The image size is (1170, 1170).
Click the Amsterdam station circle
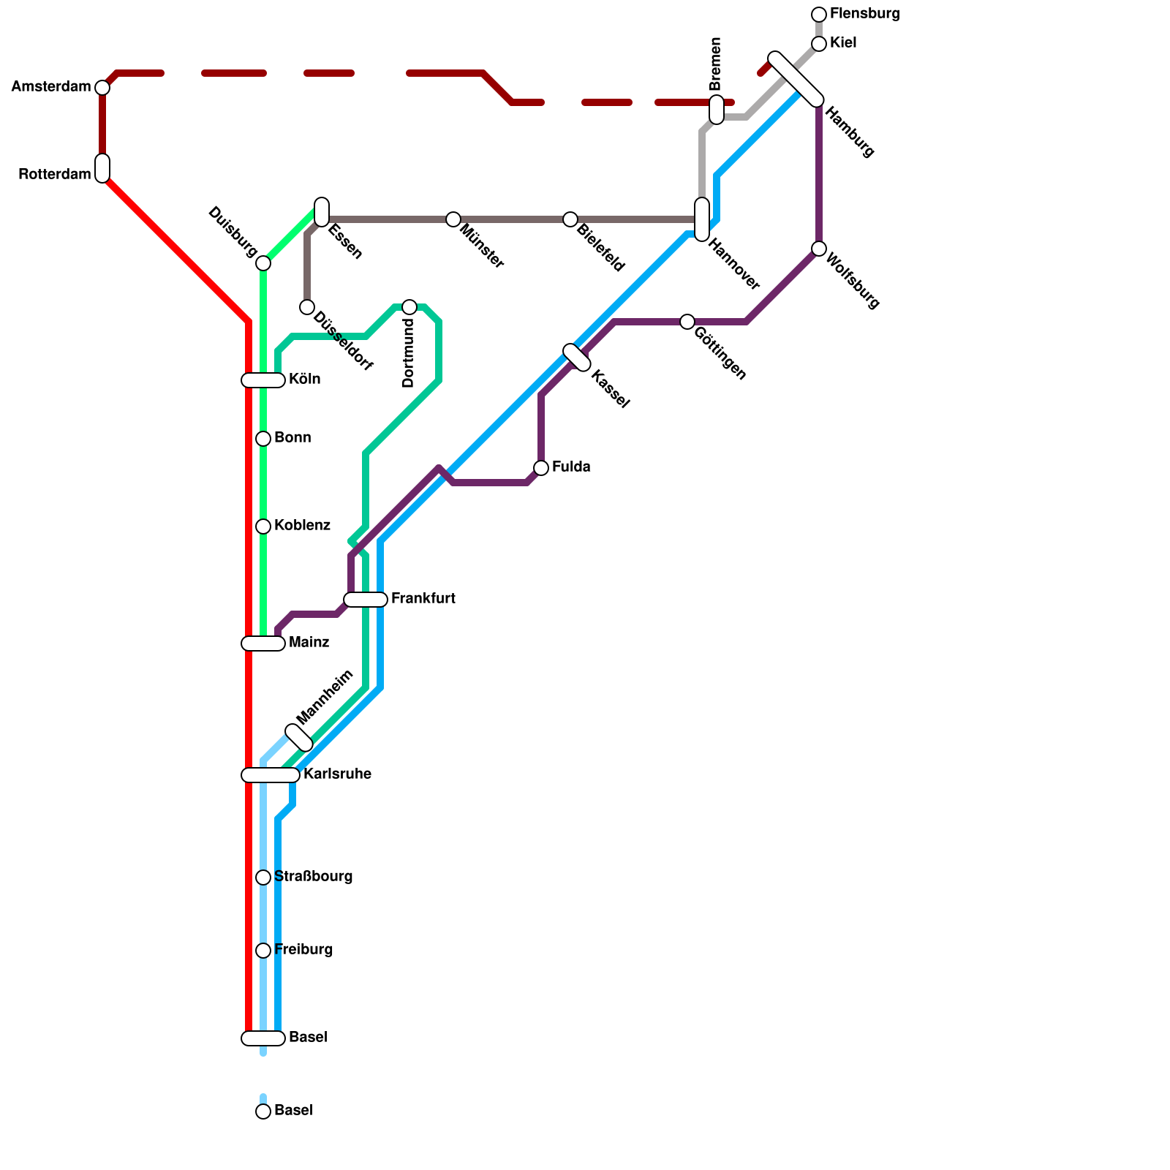[102, 88]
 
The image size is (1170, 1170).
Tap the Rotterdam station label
[54, 175]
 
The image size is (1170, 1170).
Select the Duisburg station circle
[263, 263]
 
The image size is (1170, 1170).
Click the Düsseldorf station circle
[307, 307]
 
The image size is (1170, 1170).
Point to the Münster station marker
[453, 219]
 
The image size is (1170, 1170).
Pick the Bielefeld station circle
[570, 219]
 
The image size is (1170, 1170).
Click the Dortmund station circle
[409, 307]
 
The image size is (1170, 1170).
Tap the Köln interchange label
[304, 380]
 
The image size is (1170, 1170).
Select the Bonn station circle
[263, 439]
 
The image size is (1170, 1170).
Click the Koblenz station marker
[263, 526]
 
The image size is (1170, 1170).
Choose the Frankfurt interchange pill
[366, 600]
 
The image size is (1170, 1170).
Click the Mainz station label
[309, 643]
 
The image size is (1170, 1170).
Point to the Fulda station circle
[541, 468]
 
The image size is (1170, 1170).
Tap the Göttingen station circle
[687, 322]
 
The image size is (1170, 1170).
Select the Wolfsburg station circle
[819, 249]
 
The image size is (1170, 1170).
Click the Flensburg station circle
[819, 15]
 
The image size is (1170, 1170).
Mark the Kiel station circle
[819, 44]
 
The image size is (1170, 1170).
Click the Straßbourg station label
[313, 877]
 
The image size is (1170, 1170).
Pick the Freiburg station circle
[263, 951]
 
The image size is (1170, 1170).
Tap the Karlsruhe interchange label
[337, 774]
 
